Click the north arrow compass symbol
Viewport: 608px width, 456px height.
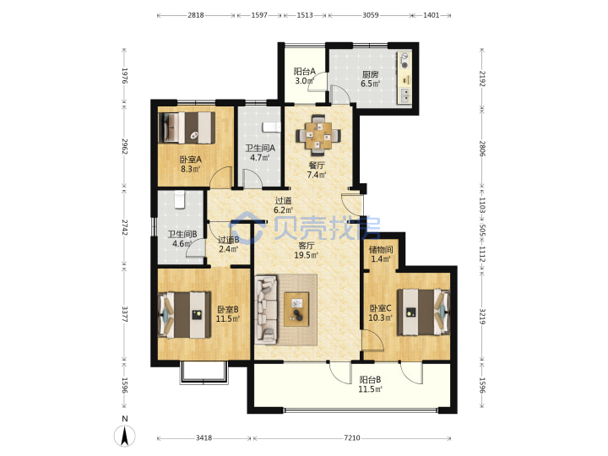tap(125, 435)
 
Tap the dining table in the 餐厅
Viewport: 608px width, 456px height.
tap(318, 135)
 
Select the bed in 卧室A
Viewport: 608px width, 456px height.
tap(187, 128)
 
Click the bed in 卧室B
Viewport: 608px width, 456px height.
tap(185, 315)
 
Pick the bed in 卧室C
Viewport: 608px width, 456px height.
tap(423, 312)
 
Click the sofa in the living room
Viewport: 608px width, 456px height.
tap(267, 309)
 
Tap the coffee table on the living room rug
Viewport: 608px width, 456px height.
tap(297, 309)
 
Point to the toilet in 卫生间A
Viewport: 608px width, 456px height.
tap(271, 128)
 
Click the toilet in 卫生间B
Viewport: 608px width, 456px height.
tap(179, 199)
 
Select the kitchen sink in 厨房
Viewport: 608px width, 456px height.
tap(404, 95)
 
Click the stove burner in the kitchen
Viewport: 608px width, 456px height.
tap(404, 62)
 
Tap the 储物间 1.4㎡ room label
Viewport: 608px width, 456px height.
tap(381, 254)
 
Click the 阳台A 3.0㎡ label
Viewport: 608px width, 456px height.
tap(304, 76)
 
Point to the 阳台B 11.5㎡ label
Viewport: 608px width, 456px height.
tap(370, 384)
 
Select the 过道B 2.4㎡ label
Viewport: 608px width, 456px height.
tap(228, 245)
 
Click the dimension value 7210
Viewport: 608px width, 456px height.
tap(351, 437)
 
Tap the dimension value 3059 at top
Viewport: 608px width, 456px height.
tap(371, 15)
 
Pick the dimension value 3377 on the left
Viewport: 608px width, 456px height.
tap(125, 314)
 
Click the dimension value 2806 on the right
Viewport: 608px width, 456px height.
tap(482, 149)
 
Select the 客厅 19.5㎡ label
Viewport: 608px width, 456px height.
tap(307, 251)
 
